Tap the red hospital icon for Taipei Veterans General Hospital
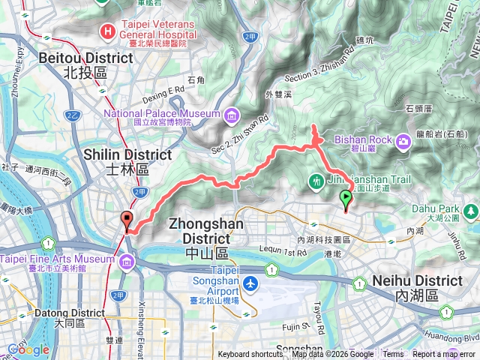click(108, 31)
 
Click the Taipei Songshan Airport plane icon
click(250, 284)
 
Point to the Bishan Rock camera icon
click(403, 139)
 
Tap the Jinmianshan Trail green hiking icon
click(316, 180)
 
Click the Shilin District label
click(127, 162)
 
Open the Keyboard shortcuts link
click(250, 355)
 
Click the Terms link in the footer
click(393, 355)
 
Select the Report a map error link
click(443, 355)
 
